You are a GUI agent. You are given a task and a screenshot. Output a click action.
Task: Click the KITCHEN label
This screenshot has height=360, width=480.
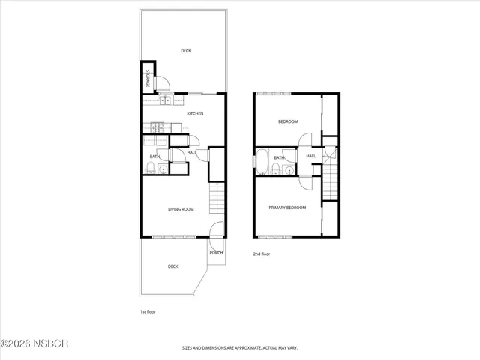195,113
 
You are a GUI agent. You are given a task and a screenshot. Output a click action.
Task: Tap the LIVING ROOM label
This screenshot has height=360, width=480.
181,209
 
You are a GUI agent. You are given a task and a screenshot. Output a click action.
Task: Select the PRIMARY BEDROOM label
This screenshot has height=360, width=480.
288,208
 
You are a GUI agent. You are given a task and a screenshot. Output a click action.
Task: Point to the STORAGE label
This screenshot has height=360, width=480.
148,79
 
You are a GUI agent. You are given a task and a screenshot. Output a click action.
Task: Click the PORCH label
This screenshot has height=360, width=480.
217,252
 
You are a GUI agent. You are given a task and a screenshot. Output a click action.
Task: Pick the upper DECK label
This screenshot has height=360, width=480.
186,51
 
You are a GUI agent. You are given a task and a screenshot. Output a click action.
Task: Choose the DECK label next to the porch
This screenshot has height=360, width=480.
172,266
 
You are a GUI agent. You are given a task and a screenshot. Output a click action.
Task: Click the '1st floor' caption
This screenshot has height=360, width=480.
148,311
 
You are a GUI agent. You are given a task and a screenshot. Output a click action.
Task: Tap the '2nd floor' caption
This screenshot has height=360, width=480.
261,254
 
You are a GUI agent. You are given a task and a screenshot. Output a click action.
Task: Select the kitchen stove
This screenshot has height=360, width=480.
157,125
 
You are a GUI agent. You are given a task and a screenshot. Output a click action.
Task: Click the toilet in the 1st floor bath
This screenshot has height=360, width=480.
150,166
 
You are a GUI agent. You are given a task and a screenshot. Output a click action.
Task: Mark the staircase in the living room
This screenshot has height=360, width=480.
216,199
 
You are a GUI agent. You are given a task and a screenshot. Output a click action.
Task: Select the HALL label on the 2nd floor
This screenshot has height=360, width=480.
310,156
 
